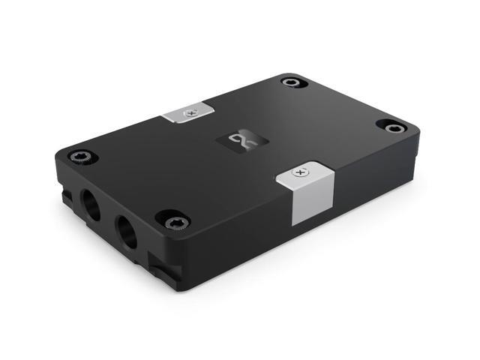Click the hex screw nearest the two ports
pos(173,220)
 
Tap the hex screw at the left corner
pos(79,157)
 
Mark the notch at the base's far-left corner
pos(66,196)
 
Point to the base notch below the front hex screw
pos(161,264)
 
